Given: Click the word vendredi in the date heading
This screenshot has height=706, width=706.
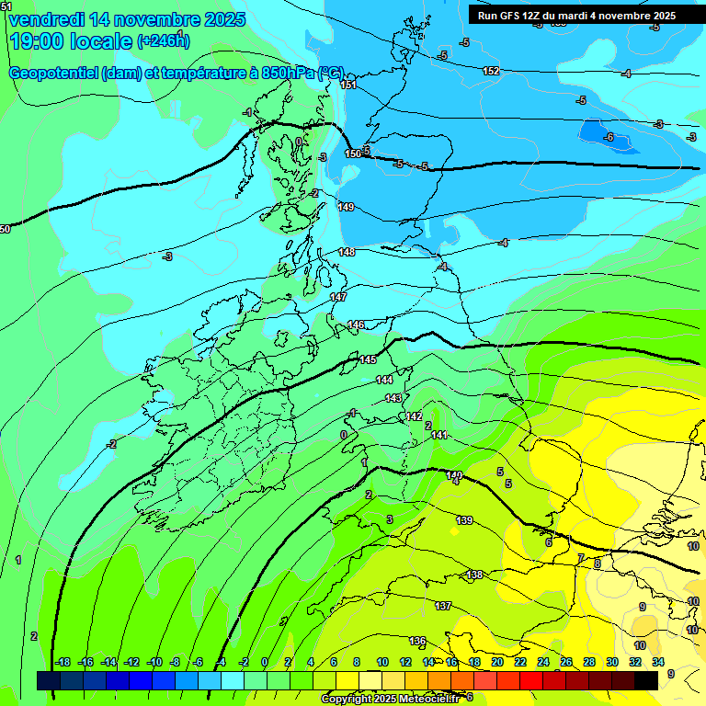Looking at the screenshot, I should coord(42,19).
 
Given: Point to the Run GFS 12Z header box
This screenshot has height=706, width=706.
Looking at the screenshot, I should coord(576,15).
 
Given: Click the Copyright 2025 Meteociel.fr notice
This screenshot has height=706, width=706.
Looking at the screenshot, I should coord(390,699).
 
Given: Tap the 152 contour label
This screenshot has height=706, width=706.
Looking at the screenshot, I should coord(491,71).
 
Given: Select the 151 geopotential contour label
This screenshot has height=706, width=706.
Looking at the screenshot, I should coord(348,85).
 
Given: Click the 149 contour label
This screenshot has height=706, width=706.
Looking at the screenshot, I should coord(346,207).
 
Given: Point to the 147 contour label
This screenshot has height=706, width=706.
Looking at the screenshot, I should coord(338,297).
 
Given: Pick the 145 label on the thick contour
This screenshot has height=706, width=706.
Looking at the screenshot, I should coord(368,359).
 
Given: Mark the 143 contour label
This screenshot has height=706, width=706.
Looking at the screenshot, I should coord(393,398).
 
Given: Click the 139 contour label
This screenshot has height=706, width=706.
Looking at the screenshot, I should coord(464,520).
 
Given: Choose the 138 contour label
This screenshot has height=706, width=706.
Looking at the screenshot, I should coord(474,575).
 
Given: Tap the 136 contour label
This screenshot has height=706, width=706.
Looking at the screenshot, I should coord(417,640).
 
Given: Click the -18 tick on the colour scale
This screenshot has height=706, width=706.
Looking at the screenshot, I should coord(63,662).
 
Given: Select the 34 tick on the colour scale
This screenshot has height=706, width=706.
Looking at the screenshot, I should coord(658,662).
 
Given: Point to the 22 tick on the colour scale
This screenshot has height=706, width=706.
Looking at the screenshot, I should coord(520,662).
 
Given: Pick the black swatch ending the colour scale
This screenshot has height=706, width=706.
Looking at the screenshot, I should coord(646,680).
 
